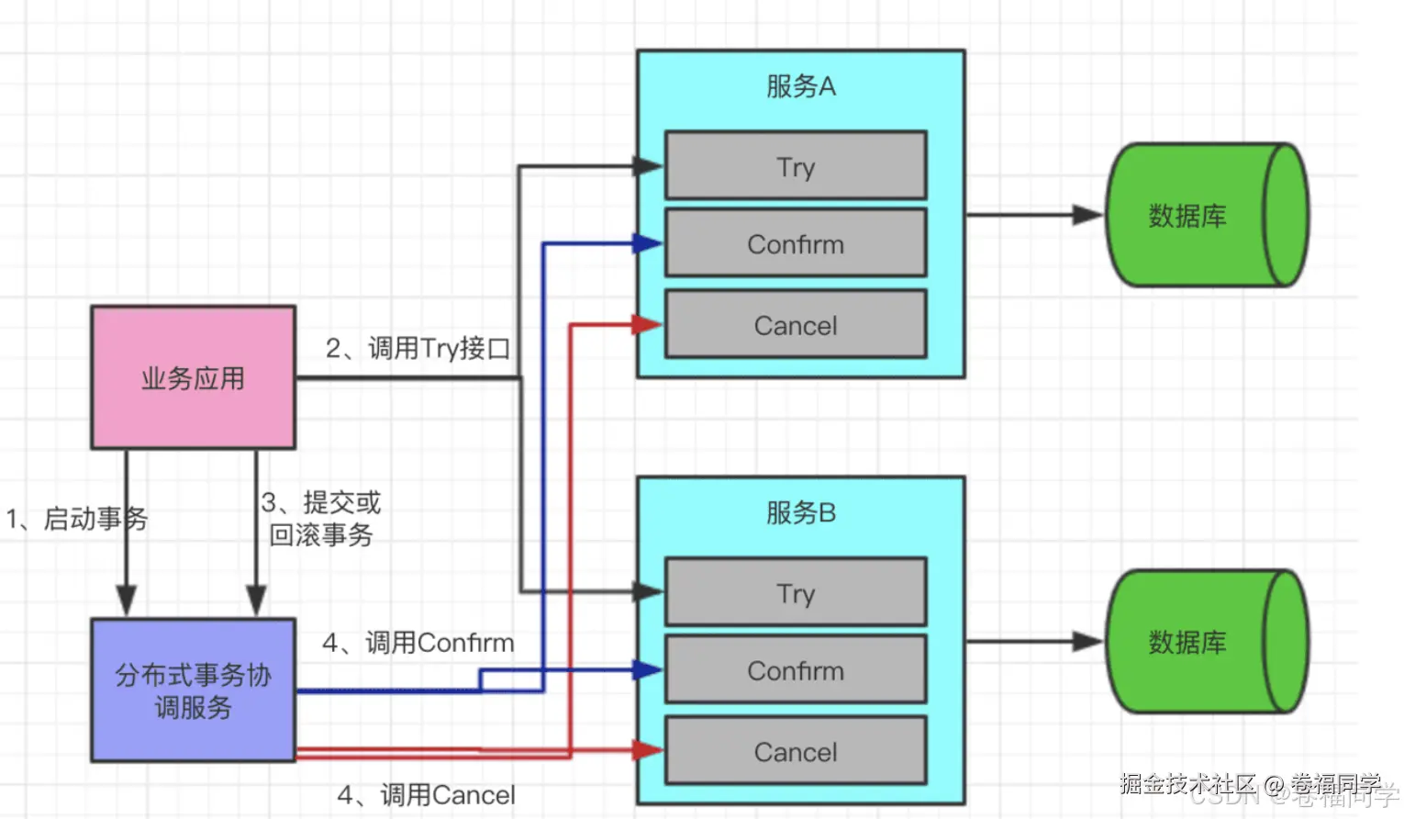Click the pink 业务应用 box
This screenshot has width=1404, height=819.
[x=193, y=377]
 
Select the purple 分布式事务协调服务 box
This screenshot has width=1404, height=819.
[x=193, y=690]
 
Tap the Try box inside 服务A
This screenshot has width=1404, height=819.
[x=796, y=166]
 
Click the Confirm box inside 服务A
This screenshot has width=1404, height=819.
[x=796, y=243]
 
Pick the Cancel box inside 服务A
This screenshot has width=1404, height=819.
[x=796, y=325]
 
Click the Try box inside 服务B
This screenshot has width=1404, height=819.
[x=796, y=592]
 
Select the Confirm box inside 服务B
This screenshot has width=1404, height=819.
[x=796, y=670]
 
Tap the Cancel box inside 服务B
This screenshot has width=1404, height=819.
[x=796, y=751]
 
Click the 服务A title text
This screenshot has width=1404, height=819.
[x=801, y=86]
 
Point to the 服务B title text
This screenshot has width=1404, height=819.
[x=801, y=512]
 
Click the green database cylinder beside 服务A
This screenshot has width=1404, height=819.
[x=1206, y=215]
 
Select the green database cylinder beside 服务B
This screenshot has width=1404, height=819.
[x=1206, y=642]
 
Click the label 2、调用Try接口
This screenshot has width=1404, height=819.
[x=418, y=348]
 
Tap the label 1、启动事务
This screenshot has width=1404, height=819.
[x=77, y=519]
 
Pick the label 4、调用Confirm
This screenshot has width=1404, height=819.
[x=418, y=642]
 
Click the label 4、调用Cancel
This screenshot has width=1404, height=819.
[x=426, y=794]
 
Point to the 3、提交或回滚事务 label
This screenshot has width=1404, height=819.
[x=321, y=519]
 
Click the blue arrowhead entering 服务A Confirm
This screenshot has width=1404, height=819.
[x=648, y=243]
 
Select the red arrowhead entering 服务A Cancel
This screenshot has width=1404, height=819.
[x=648, y=324]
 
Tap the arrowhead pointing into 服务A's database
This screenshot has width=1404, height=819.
[x=1088, y=215]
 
